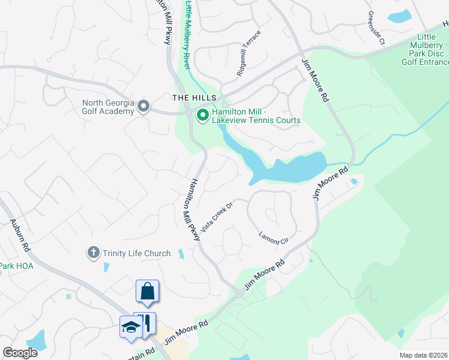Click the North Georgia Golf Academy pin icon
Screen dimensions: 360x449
[x=143, y=106]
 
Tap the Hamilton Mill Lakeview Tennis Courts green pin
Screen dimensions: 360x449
[x=202, y=115]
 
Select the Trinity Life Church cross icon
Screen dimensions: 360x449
[x=93, y=253]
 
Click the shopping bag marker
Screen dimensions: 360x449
[x=148, y=292]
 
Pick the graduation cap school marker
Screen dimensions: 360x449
[x=130, y=327]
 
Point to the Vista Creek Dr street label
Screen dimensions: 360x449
[x=216, y=217]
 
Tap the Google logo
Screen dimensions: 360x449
[x=20, y=353]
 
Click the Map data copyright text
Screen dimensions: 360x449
[x=423, y=355]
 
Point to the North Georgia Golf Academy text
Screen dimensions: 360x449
[x=108, y=106]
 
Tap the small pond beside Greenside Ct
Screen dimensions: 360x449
[x=400, y=16]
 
